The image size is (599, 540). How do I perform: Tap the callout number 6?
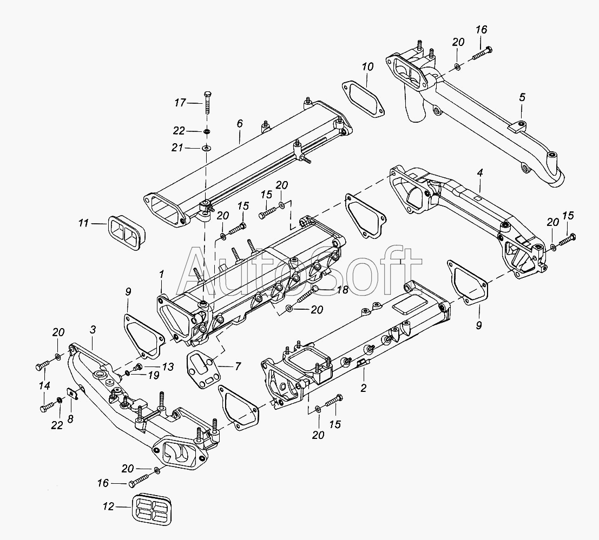tap(239, 124)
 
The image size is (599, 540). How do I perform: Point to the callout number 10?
tap(367, 68)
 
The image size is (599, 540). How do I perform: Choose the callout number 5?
tap(522, 97)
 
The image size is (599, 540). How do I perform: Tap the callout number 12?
tap(108, 507)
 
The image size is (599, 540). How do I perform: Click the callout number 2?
tap(364, 388)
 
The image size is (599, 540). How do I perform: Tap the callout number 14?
tap(44, 385)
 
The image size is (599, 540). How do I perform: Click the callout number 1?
tap(161, 275)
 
